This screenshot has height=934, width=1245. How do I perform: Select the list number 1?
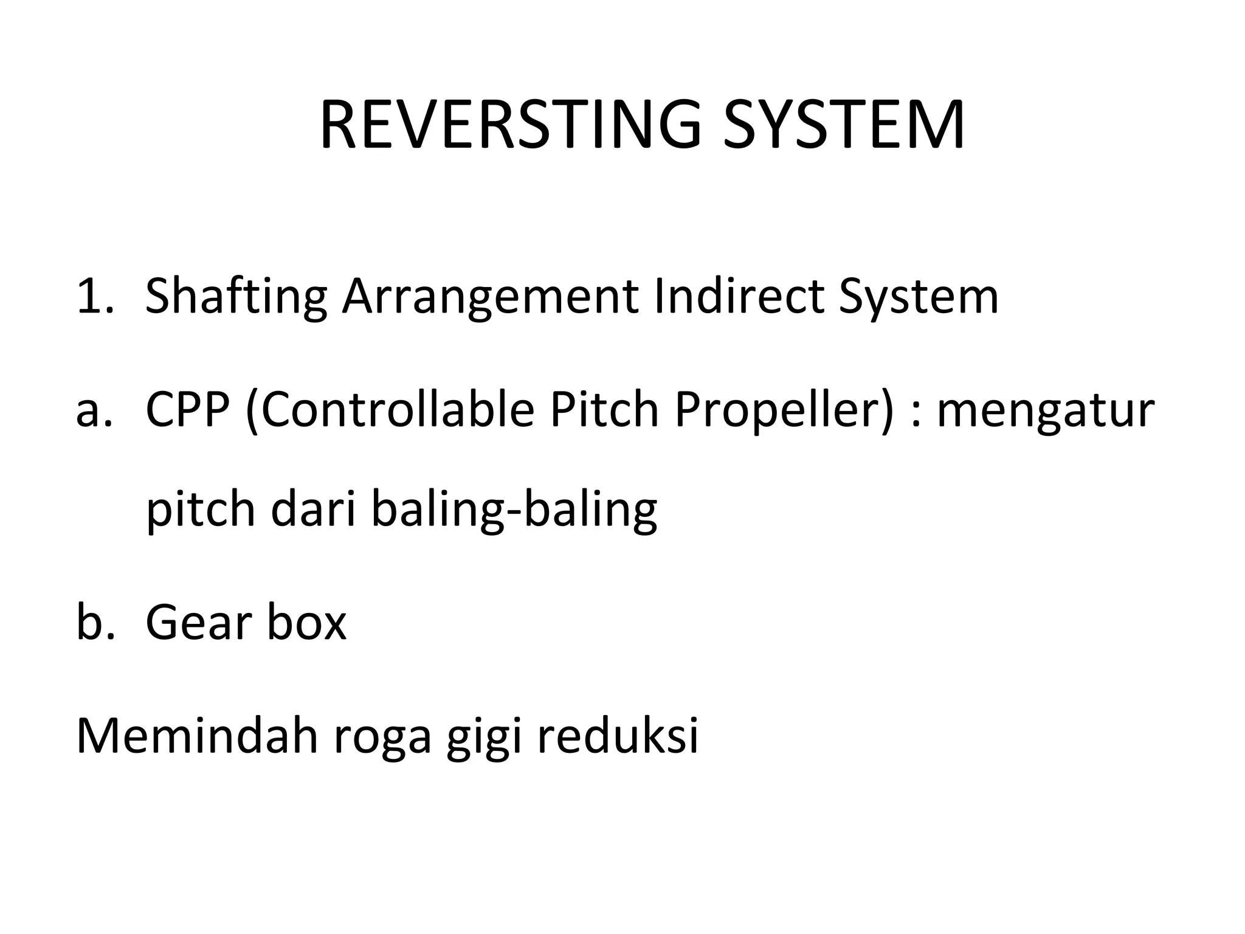click(94, 296)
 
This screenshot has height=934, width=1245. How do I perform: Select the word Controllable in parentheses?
click(390, 409)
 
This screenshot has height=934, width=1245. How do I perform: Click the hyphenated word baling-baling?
click(514, 510)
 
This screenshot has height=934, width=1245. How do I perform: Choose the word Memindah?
click(197, 735)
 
